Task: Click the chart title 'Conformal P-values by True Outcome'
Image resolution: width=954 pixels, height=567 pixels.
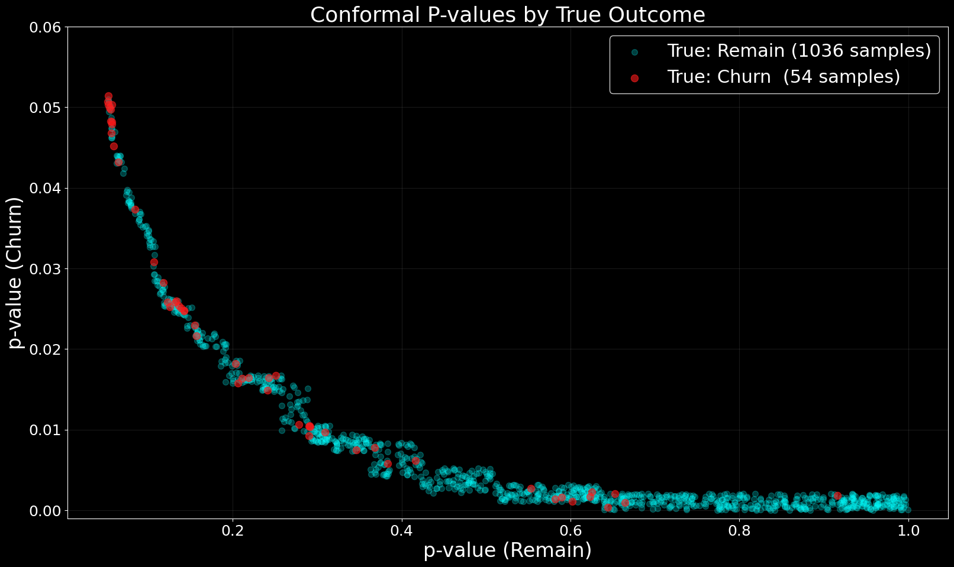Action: pos(507,15)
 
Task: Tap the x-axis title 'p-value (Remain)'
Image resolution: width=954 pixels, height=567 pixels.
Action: pos(507,550)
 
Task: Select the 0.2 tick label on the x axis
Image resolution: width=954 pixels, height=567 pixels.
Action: pos(233,530)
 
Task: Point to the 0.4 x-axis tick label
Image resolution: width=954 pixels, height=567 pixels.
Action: pos(401,530)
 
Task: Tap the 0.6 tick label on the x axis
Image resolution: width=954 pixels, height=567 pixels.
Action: pos(571,530)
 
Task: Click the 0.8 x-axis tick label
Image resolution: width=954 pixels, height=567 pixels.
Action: pos(739,530)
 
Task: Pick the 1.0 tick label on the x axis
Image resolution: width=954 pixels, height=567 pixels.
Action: pos(908,530)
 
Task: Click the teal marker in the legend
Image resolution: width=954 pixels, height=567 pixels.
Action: pos(634,52)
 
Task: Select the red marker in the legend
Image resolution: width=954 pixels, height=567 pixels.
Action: pos(634,78)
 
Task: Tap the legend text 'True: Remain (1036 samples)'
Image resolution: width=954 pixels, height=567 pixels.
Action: pos(799,51)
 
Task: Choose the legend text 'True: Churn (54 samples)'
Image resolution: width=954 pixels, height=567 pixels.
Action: pos(784,77)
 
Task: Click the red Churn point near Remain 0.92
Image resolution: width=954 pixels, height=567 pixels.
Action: pos(837,495)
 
